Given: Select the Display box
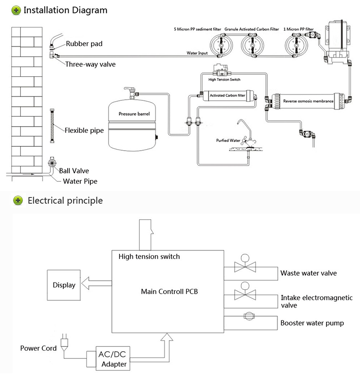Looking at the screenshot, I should pyautogui.click(x=64, y=285).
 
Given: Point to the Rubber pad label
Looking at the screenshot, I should pyautogui.click(x=84, y=44).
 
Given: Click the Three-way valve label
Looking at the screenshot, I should pyautogui.click(x=90, y=63).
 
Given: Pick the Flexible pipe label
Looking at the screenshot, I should pyautogui.click(x=84, y=130).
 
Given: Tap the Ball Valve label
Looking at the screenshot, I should pyautogui.click(x=74, y=170).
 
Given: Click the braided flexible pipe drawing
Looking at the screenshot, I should pyautogui.click(x=51, y=123).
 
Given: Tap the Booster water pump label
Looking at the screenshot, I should pyautogui.click(x=312, y=323).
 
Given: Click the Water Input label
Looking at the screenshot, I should pyautogui.click(x=197, y=53).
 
